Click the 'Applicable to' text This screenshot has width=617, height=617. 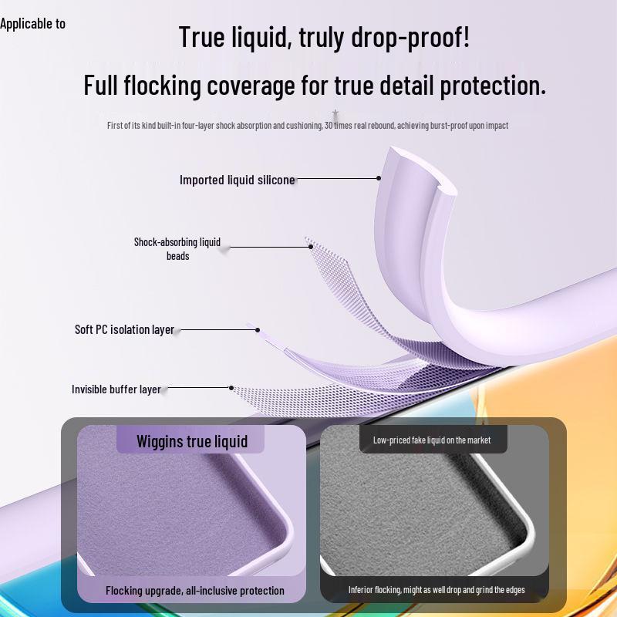point(32,24)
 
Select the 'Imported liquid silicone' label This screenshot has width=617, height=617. point(237,180)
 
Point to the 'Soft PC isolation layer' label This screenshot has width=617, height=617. point(124,329)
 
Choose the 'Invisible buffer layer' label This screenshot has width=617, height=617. point(116,389)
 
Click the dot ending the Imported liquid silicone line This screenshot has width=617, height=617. point(379,178)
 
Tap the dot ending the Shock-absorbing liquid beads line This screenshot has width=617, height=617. point(311,247)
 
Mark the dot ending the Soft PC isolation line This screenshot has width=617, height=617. point(258,330)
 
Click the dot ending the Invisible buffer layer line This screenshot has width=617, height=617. point(231,388)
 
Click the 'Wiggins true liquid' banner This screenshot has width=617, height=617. point(192,441)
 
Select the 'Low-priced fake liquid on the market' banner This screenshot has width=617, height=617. point(432,440)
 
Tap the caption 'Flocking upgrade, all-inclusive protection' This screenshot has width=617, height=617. point(195,591)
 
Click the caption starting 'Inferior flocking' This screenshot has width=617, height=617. point(437,590)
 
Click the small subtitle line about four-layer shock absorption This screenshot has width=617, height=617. point(308,125)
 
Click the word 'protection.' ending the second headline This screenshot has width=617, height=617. point(494,85)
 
